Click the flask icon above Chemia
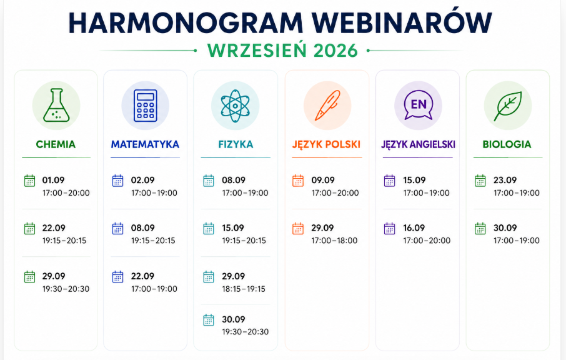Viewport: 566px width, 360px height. (x=56, y=105)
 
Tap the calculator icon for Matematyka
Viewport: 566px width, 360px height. (x=146, y=105)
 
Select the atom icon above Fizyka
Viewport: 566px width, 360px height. (x=236, y=106)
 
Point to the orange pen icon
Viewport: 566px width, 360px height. (x=327, y=105)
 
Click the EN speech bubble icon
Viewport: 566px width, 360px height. (x=419, y=105)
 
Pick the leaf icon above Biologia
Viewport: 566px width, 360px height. (x=507, y=106)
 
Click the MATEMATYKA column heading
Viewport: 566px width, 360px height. (x=145, y=144)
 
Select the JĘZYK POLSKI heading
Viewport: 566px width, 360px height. (x=326, y=144)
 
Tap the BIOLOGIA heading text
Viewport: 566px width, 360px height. (x=507, y=144)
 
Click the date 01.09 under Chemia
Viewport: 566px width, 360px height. (x=54, y=180)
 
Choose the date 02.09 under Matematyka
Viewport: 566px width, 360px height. (x=142, y=180)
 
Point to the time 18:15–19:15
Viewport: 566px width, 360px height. (x=244, y=289)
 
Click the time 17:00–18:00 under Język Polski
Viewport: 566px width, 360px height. (x=335, y=241)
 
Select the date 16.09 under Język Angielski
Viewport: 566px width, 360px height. (x=414, y=228)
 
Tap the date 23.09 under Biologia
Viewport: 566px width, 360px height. (x=505, y=180)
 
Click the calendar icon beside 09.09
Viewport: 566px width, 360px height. (x=298, y=181)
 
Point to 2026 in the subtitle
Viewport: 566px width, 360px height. (x=335, y=51)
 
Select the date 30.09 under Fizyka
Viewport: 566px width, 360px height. (x=234, y=319)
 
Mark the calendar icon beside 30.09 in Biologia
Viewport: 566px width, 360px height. (x=480, y=229)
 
